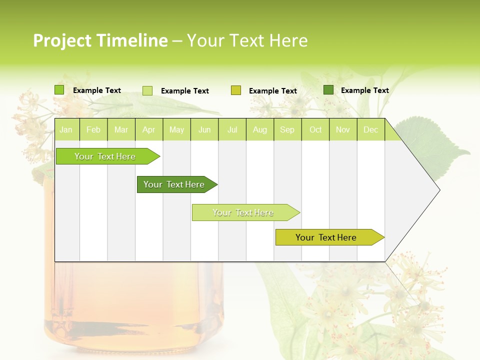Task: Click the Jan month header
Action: [x=66, y=130]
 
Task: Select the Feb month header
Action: [x=93, y=130]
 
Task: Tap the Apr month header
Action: [x=148, y=130]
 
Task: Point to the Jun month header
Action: [x=204, y=130]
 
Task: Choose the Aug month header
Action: [x=259, y=130]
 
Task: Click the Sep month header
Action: [x=287, y=130]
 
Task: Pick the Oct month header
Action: [x=315, y=130]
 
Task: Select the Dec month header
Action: [x=370, y=130]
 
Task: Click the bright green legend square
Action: [x=59, y=90]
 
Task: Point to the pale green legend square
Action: [x=147, y=90]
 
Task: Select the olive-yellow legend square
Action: [x=236, y=90]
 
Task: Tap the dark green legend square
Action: [x=328, y=90]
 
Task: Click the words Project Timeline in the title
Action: [x=100, y=40]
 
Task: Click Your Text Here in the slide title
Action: [x=247, y=40]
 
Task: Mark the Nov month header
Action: [x=343, y=130]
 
